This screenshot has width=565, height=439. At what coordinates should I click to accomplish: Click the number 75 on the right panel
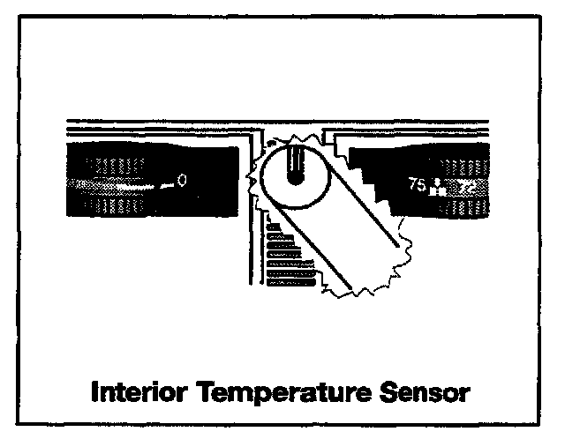[x=417, y=185]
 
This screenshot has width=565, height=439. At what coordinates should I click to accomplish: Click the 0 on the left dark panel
[x=181, y=182]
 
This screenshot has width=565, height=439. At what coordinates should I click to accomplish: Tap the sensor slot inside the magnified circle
[x=295, y=164]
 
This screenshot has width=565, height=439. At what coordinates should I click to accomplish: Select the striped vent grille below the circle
[x=287, y=260]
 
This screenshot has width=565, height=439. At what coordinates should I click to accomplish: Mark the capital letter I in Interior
[x=94, y=391]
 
